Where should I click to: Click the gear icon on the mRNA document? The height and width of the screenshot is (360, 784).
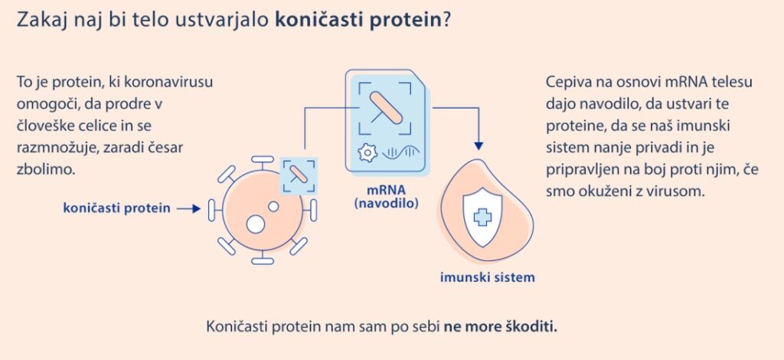[x=368, y=152]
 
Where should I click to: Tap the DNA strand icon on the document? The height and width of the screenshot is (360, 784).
[x=401, y=152]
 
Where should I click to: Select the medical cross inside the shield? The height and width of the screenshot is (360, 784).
[x=482, y=217]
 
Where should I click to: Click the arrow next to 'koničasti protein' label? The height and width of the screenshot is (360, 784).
[x=188, y=208]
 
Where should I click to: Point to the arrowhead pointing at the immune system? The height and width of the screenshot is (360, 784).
[x=479, y=146]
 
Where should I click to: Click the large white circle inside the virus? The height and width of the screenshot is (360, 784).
[x=256, y=224]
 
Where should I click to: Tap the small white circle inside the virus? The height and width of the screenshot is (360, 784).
[x=273, y=206]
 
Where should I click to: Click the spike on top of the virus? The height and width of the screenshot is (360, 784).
[x=263, y=160]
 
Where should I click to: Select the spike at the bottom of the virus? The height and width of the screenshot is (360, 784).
[x=263, y=260]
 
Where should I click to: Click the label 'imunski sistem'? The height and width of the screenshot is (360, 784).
[x=488, y=277]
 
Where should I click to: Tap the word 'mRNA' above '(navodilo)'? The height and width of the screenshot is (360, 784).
[x=386, y=190]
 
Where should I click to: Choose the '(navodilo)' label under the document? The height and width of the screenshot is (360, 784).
[x=386, y=204]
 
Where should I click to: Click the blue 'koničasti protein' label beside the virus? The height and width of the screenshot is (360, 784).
[x=116, y=208]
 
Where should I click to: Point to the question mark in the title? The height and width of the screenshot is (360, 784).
[x=447, y=20]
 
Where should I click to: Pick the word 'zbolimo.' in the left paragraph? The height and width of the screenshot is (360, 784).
[x=46, y=169]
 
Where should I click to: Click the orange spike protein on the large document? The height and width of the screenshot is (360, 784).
[x=386, y=107]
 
